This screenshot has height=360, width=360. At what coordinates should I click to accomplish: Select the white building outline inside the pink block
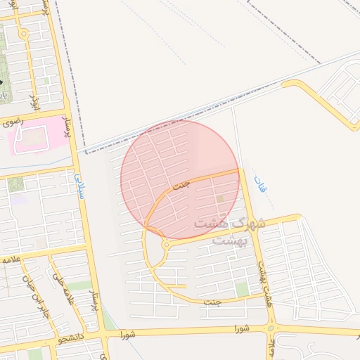30,138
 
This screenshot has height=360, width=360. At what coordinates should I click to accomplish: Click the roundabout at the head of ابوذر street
24,34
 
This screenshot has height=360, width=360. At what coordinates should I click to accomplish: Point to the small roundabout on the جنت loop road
166,245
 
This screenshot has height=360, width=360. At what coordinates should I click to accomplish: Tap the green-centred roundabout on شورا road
271,328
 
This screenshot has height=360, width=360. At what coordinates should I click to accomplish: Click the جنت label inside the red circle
181,186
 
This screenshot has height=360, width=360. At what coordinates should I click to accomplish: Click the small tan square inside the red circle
221,200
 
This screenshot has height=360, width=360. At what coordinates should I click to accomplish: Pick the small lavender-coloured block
19,199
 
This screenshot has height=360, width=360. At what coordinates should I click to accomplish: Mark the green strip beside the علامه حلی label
79,285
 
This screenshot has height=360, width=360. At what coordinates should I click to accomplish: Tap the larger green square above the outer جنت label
242,289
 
